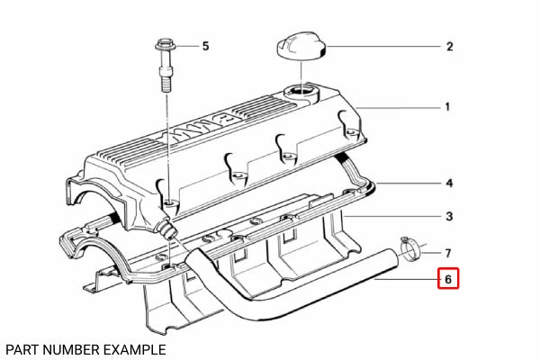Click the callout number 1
coord(447,107)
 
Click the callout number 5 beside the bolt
coord(204,45)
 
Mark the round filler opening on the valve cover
coord(300,91)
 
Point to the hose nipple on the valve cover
coord(167,229)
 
